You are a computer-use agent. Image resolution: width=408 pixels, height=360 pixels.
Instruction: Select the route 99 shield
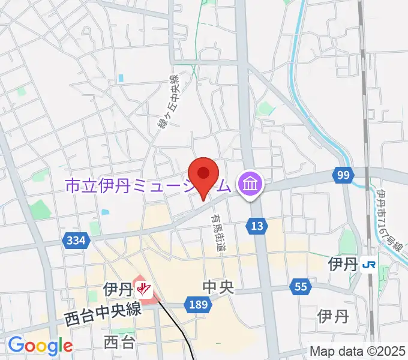(x=343, y=175)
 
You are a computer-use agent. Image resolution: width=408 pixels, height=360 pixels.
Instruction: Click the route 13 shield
(x=256, y=226)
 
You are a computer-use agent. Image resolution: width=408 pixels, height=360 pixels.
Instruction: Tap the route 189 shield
(x=197, y=305)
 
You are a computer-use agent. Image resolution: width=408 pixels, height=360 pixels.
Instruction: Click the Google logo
(x=40, y=346)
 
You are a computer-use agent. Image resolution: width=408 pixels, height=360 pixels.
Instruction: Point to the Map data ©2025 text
(x=358, y=352)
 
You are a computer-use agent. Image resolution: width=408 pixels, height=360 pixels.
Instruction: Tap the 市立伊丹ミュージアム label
(x=148, y=187)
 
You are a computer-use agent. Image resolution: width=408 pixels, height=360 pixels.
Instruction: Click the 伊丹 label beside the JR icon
(x=343, y=264)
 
